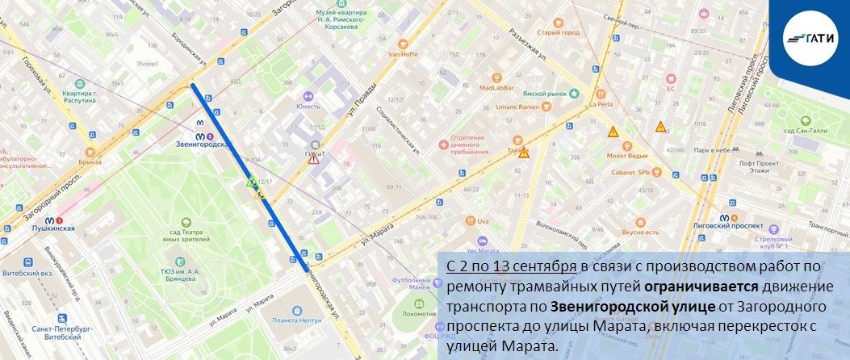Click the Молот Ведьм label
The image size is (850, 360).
point(630,155)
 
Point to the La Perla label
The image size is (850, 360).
point(602,103)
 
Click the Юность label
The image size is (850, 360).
point(308,106)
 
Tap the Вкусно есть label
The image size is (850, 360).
point(640,232)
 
